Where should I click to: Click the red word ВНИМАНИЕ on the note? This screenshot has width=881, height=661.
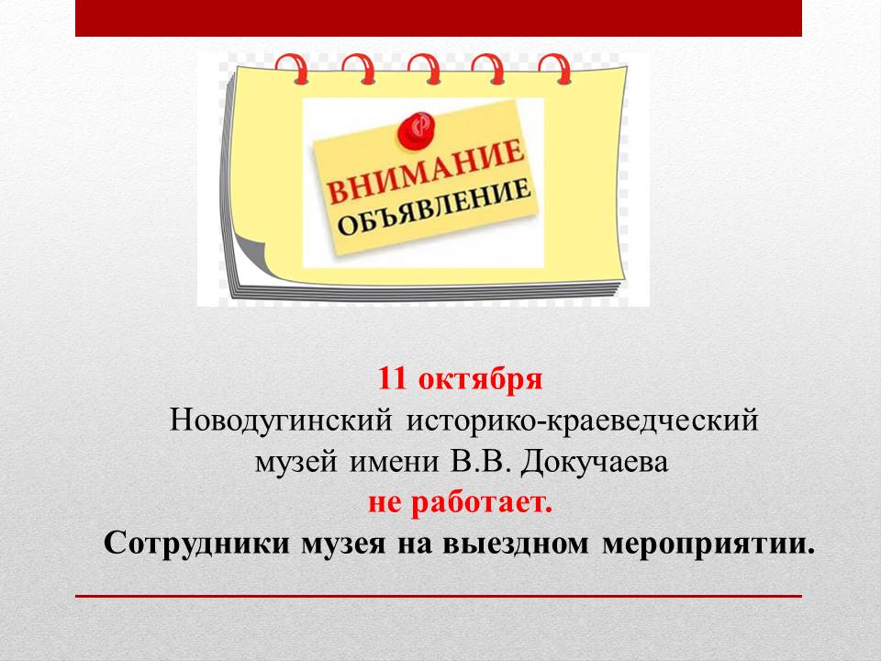point(425,171)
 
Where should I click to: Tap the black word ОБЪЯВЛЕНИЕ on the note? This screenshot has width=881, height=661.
point(434,208)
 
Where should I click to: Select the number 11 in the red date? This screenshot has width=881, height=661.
point(392,377)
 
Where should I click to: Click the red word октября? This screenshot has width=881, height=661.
point(480,379)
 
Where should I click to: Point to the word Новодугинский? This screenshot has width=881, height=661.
point(281,420)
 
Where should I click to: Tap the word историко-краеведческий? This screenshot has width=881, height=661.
point(582,420)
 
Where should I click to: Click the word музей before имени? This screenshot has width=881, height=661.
point(296,463)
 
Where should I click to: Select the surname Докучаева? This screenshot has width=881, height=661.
point(595,463)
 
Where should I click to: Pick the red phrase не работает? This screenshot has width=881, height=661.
point(460,502)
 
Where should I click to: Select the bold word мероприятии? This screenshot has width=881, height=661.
point(708,544)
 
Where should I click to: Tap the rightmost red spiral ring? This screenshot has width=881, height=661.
point(555,69)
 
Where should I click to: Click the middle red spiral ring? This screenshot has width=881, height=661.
point(425,69)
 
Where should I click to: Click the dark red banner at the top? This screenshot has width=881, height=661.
point(439,18)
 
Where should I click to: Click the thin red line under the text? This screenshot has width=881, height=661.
point(439,596)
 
